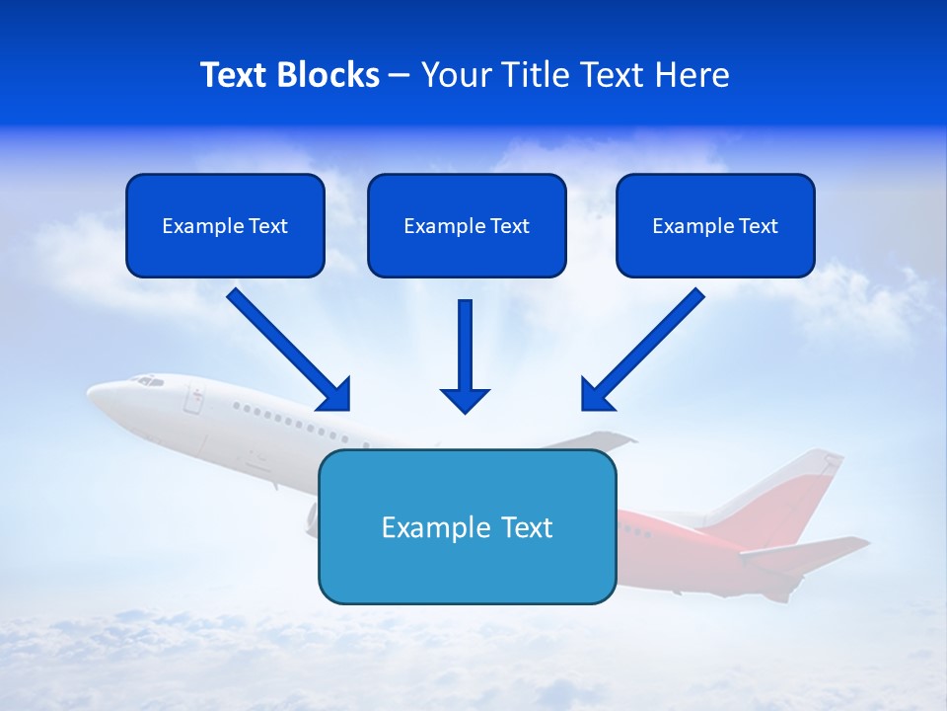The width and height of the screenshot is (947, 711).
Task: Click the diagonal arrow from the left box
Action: (286, 347)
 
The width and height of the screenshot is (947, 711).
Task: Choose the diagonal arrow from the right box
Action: (645, 347)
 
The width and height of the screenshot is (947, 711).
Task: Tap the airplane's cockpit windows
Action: (149, 380)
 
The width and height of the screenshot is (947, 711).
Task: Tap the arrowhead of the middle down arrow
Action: (465, 399)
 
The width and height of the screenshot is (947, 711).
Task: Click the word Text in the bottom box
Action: (527, 527)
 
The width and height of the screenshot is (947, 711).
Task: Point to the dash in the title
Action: (400, 76)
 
